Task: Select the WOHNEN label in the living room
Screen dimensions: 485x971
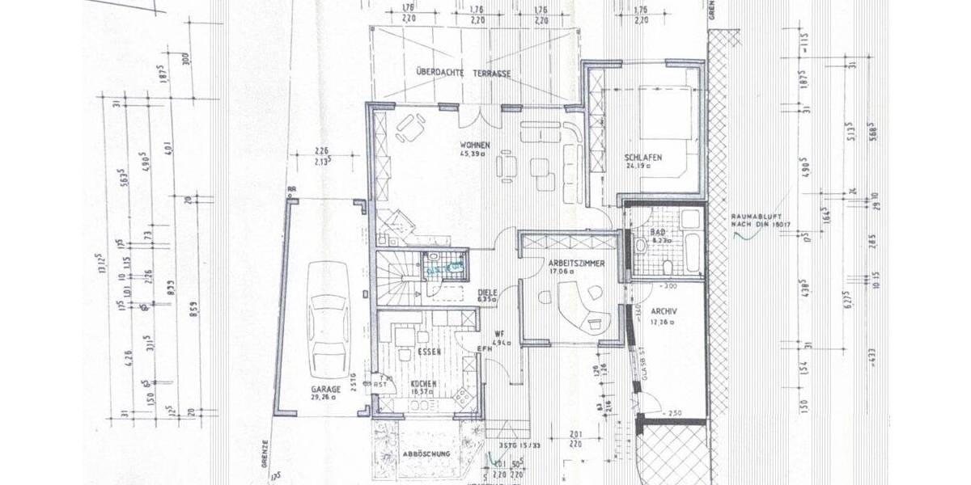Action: pyautogui.click(x=475, y=145)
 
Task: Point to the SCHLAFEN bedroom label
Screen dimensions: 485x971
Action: pyautogui.click(x=644, y=157)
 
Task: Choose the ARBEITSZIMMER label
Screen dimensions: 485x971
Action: pyautogui.click(x=576, y=264)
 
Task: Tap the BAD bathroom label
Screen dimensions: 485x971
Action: pyautogui.click(x=659, y=232)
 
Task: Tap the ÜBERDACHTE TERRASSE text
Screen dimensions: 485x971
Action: pyautogui.click(x=463, y=72)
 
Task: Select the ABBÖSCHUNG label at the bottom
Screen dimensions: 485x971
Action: pyautogui.click(x=426, y=454)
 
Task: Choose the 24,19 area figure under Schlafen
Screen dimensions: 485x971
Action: pyautogui.click(x=638, y=167)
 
